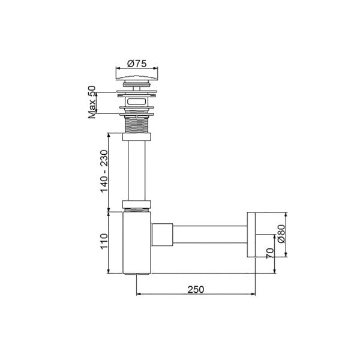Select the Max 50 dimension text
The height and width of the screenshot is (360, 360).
coord(92,101)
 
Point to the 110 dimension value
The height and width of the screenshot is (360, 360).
coord(104,241)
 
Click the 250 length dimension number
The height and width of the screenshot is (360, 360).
coord(196,289)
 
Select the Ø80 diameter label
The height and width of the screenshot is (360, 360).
coord(281,235)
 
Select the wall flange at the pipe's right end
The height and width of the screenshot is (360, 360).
coord(251,235)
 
